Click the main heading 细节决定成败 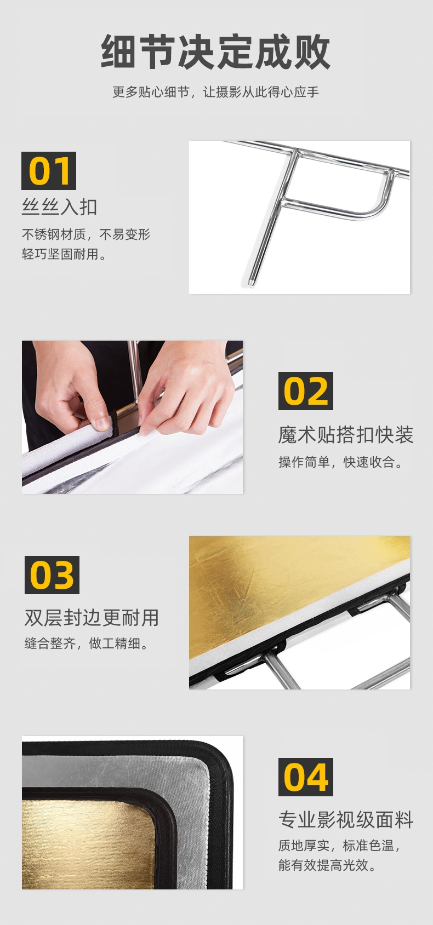(215, 51)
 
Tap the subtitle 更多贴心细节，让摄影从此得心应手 (215, 91)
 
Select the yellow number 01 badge (49, 171)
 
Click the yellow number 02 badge (306, 391)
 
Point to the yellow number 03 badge (52, 575)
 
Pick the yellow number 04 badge (306, 777)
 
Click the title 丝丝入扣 (60, 207)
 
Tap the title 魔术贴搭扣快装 (346, 435)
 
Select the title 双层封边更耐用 (92, 618)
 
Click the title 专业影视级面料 (346, 820)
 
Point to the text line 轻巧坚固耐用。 (64, 254)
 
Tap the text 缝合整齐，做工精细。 (87, 644)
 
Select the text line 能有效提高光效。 (328, 865)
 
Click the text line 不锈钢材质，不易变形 (86, 234)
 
